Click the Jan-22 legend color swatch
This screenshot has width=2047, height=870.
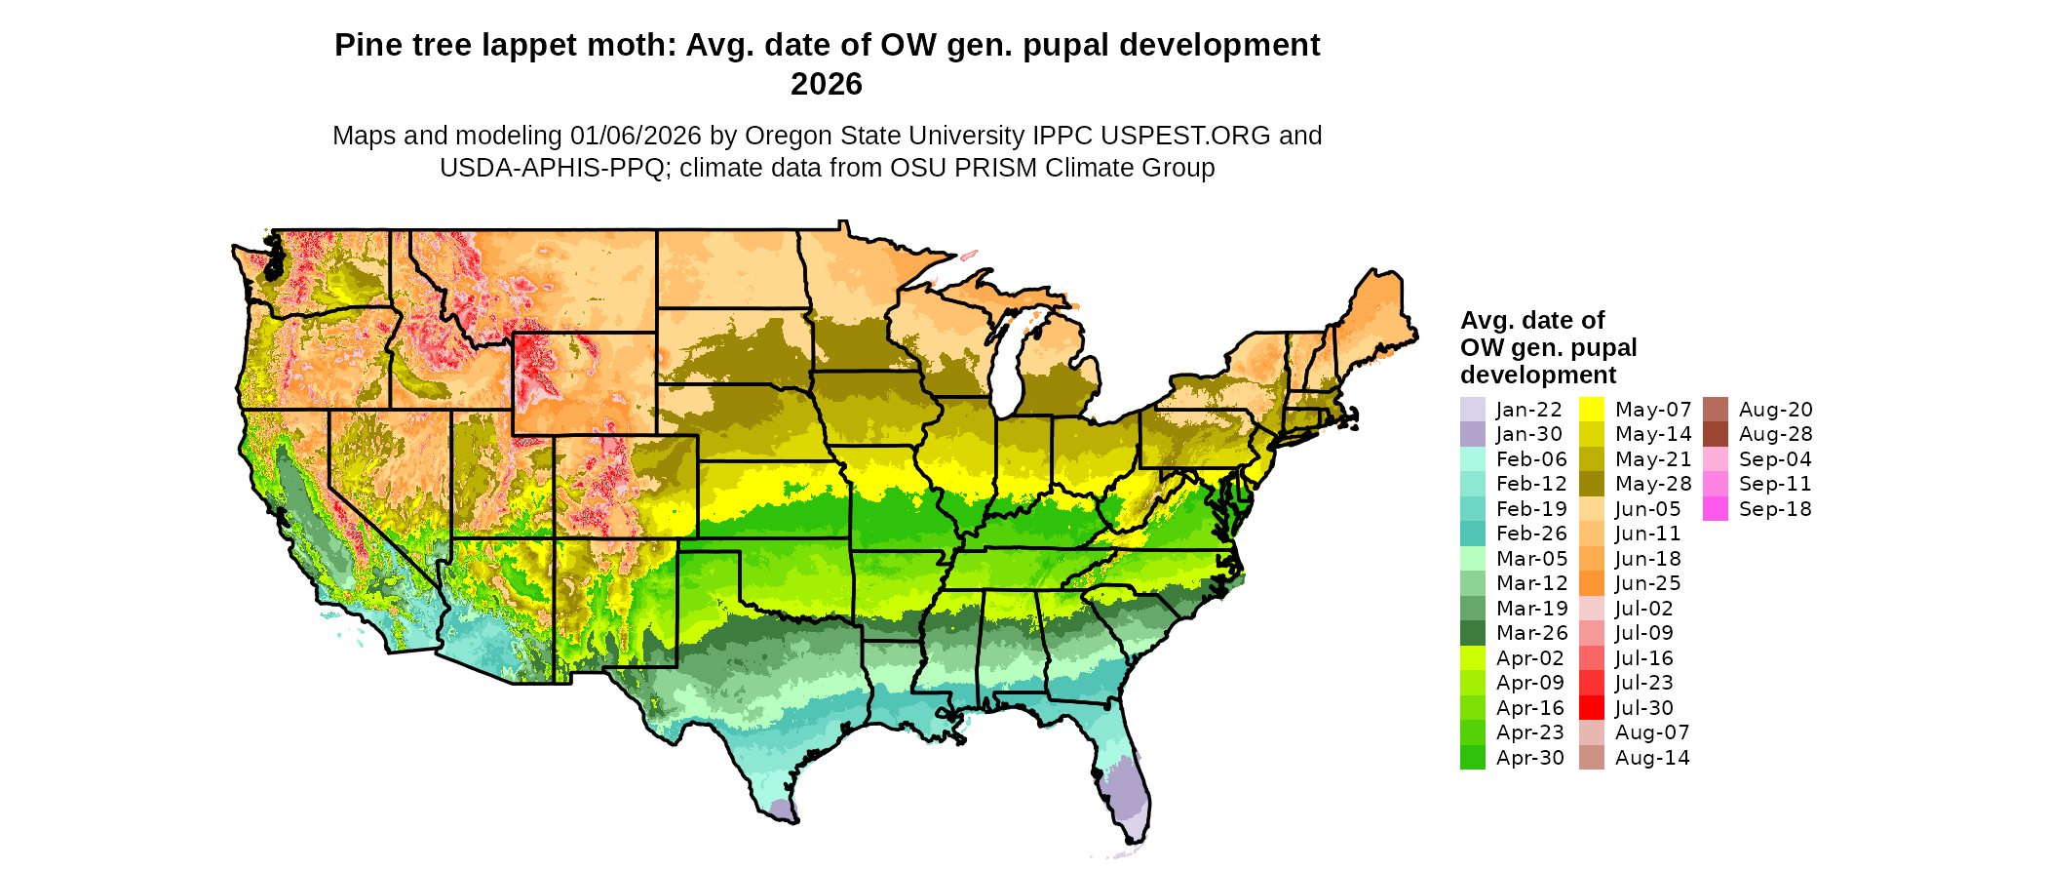1472,410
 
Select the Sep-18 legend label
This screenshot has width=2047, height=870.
1774,509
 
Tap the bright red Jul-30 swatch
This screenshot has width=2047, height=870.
1591,708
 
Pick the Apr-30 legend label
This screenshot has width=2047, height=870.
1529,758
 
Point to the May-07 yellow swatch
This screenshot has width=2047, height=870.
1591,410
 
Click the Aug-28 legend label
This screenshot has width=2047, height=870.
1775,434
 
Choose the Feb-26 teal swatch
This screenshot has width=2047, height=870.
1472,534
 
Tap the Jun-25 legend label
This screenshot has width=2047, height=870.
1647,583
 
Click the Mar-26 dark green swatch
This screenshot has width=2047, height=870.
1472,633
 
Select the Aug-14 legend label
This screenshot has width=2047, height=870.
1652,758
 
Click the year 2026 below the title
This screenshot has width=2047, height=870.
827,85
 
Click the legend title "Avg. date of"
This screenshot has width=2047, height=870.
1531,321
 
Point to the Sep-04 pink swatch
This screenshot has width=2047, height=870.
1715,459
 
